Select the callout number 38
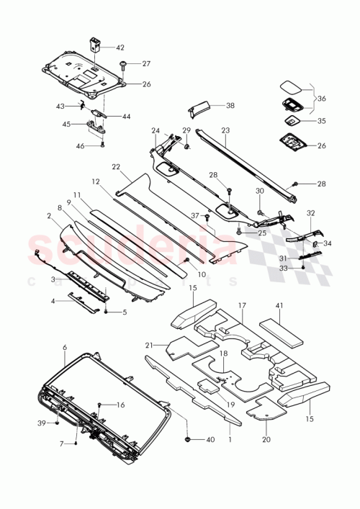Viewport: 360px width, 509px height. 230,105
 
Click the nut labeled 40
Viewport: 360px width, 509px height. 189,438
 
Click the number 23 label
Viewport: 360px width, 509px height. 225,131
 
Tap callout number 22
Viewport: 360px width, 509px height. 116,166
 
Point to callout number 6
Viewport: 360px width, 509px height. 65,347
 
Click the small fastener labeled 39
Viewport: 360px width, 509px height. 56,423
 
